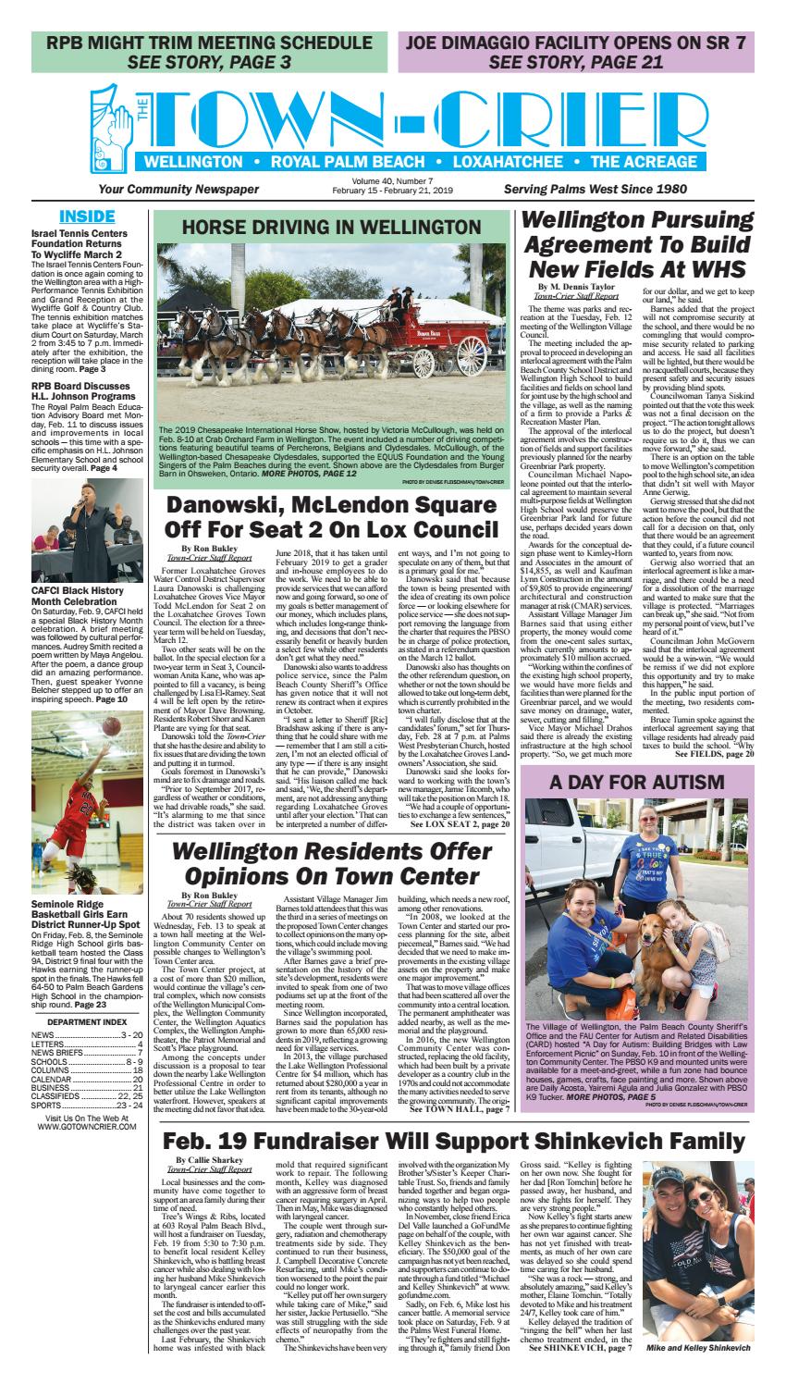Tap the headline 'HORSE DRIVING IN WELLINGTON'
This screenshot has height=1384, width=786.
(x=331, y=229)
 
